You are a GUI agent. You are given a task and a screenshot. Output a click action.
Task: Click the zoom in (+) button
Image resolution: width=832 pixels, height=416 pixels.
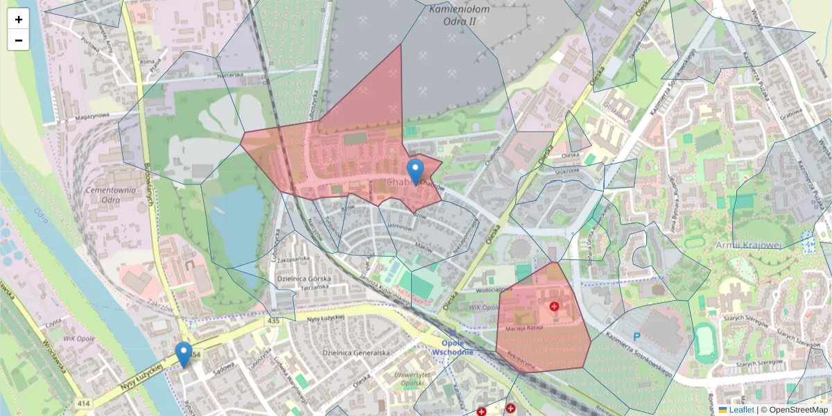pos(19,19)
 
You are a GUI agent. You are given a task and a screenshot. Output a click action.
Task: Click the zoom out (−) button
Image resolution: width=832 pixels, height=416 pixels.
pos(19,40)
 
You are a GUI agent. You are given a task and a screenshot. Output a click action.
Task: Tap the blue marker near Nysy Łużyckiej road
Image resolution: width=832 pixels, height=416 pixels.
pos(184,354)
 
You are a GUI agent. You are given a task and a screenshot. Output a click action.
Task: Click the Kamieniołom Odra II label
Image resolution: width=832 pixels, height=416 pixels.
pos(459,15)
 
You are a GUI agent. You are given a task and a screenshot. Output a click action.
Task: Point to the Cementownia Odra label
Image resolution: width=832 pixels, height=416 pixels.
pos(101,195)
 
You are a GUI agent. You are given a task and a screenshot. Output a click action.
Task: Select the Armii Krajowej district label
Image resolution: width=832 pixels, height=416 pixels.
pos(749,245)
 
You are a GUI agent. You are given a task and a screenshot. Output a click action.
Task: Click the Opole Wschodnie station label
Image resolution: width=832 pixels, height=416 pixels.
pos(452,347)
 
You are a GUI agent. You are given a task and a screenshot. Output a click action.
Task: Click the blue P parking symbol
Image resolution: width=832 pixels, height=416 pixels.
pos(636,337)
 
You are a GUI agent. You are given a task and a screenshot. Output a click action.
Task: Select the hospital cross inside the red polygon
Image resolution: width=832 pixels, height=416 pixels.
pos(554,306)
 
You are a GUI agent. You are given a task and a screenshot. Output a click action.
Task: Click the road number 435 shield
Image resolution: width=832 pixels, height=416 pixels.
pos(273,320)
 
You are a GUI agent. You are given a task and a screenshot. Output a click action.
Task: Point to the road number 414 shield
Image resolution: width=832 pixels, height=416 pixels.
pos(83,404)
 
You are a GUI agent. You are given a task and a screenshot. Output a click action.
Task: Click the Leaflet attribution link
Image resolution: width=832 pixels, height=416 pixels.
pos(740,410)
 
